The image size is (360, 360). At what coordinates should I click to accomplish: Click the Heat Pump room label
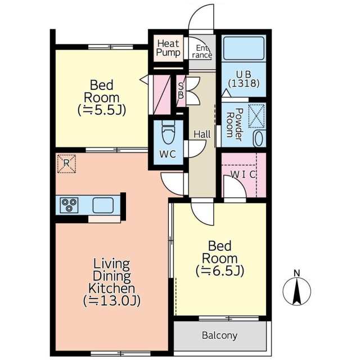pos(168,48)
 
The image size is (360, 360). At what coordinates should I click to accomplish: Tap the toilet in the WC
pos(168,132)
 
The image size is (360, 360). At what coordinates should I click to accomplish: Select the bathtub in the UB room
pos(244,48)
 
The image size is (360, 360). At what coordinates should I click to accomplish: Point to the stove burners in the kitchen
pos(69,205)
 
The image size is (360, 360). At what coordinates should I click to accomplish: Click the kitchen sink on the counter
pos(103,205)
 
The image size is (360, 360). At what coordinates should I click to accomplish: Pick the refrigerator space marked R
pos(66,164)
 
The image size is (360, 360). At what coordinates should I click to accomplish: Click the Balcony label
pos(219,335)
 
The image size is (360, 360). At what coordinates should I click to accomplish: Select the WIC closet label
pos(243,175)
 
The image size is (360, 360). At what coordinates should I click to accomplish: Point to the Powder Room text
pos(234,124)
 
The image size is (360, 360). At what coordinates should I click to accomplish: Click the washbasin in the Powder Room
pos(259,138)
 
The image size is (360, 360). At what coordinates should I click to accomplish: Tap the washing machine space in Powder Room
pos(256,116)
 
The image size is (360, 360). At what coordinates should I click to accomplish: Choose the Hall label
pos(202,134)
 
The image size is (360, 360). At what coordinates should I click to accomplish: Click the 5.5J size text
pos(102,110)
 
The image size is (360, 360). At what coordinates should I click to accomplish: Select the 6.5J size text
pos(220,271)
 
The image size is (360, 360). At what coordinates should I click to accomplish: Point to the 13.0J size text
pos(111,301)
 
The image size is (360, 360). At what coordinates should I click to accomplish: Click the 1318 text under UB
pos(244,83)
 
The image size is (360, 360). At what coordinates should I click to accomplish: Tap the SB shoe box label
pos(181,91)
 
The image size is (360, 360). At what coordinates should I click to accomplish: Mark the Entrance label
pos(202,52)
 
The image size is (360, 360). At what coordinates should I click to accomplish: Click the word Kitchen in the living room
pos(111,289)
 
